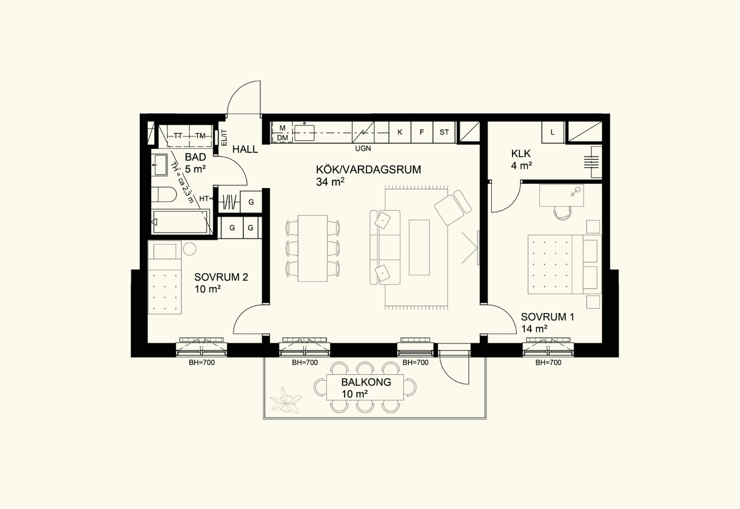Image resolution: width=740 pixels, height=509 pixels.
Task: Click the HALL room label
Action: (245, 150)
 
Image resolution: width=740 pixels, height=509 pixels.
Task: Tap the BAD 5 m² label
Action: (195, 163)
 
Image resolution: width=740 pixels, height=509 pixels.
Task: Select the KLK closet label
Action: (521, 154)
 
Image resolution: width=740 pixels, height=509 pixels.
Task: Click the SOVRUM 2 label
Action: (221, 277)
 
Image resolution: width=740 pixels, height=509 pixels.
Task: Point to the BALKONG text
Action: (366, 382)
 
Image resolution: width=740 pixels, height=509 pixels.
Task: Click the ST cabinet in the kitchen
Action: (444, 132)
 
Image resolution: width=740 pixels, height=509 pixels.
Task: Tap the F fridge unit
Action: (422, 132)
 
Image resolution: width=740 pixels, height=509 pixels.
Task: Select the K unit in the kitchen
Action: (400, 132)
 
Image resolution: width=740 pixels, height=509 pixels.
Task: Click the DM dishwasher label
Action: (282, 138)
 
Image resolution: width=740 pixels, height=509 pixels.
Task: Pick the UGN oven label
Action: (363, 149)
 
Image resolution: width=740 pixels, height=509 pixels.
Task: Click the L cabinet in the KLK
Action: (553, 132)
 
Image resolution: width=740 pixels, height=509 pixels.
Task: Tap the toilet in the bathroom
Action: (164, 195)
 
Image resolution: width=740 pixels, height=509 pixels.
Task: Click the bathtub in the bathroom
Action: (180, 222)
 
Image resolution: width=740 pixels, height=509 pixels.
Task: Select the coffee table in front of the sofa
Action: (419, 247)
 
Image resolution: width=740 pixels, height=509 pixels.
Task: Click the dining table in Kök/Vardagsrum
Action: (313, 248)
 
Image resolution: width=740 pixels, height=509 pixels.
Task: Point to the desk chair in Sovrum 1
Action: (562, 213)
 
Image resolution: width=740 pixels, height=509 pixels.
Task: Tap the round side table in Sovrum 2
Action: (190, 249)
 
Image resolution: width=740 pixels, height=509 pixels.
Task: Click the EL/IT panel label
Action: (224, 138)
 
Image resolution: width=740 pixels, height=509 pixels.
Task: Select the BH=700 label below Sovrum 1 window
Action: (548, 363)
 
